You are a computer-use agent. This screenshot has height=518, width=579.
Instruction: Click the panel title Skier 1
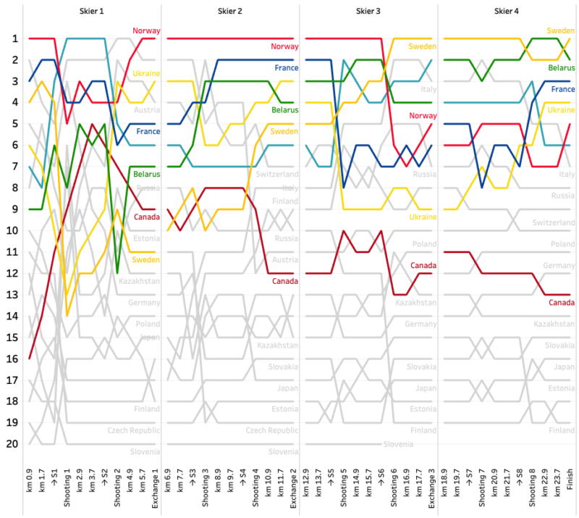[91, 12]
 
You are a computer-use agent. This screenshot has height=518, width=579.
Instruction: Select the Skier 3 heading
[368, 12]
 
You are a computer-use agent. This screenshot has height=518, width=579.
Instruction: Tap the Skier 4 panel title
[507, 12]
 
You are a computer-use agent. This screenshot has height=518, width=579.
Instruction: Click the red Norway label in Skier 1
[146, 31]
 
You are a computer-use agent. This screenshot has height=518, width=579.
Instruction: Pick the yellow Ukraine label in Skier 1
[146, 74]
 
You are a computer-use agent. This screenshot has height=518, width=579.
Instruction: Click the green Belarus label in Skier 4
[562, 67]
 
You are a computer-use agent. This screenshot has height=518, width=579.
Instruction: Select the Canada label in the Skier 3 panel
[423, 265]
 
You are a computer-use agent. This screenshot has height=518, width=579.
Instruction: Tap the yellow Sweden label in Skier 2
[284, 131]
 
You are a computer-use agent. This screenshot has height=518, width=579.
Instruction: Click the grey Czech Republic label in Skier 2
[272, 430]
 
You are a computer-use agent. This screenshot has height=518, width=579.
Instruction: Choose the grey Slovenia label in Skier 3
[399, 444]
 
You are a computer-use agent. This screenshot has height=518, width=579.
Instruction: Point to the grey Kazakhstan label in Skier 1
[140, 280]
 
